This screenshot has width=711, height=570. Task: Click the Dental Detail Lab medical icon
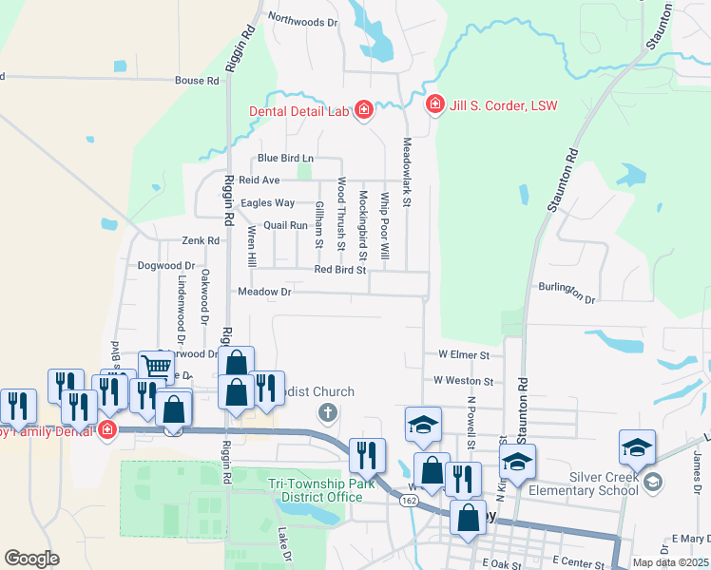tap(363, 112)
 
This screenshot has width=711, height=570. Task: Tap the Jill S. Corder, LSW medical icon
tap(435, 104)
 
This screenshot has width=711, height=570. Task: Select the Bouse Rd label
tap(197, 81)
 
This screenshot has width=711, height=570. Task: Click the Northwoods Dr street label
tap(303, 20)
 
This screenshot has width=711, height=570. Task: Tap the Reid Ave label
tap(259, 180)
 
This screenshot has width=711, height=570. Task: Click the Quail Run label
tap(285, 225)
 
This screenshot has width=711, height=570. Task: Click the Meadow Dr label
tap(264, 292)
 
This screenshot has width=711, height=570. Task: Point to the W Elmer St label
tap(463, 354)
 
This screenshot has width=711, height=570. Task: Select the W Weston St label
tap(463, 380)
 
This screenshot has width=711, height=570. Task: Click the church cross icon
tap(327, 412)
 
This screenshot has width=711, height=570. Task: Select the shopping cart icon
tap(156, 366)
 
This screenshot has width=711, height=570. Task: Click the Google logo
tap(32, 558)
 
